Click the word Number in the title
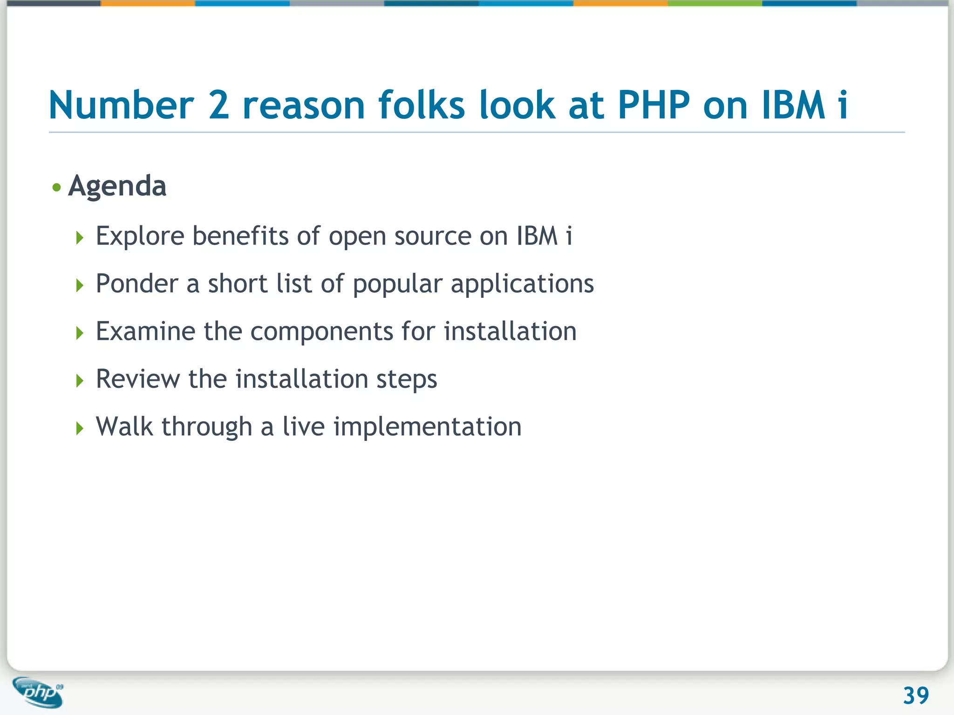[121, 105]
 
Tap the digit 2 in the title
[218, 105]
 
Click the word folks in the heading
[422, 105]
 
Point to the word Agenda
[117, 186]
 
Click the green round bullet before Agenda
[57, 188]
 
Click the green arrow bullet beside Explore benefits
[80, 238]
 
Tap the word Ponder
[137, 283]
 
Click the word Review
[137, 379]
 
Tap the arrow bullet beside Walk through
[80, 428]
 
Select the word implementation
[427, 427]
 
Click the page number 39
[915, 696]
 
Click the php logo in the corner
[39, 692]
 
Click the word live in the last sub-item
[303, 426]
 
